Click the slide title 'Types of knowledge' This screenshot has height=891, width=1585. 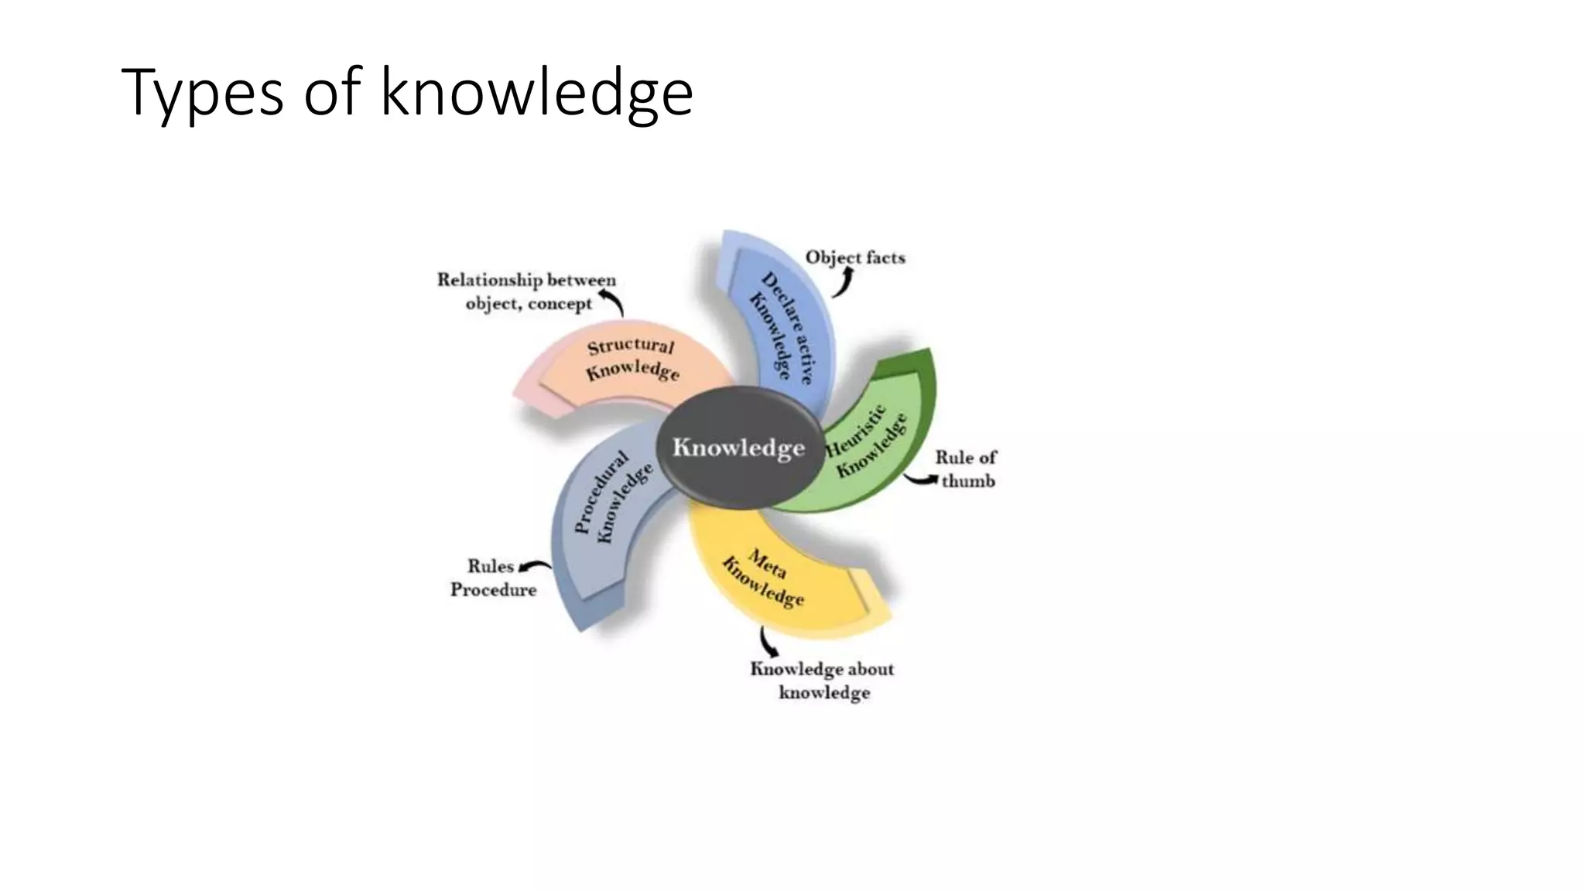(x=407, y=93)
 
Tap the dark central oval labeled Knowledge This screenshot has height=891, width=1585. (x=738, y=448)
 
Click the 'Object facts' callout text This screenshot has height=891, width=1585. (x=855, y=258)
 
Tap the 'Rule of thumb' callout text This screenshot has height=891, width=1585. (x=966, y=469)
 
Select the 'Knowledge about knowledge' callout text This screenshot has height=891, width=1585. (x=822, y=681)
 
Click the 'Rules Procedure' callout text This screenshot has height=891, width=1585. (x=493, y=578)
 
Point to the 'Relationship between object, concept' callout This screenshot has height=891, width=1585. (x=527, y=292)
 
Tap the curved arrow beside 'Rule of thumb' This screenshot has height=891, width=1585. (x=921, y=480)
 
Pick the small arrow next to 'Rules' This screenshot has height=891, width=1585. (x=534, y=567)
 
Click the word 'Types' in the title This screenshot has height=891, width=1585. (x=202, y=93)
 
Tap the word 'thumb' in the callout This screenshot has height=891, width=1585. (x=968, y=481)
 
